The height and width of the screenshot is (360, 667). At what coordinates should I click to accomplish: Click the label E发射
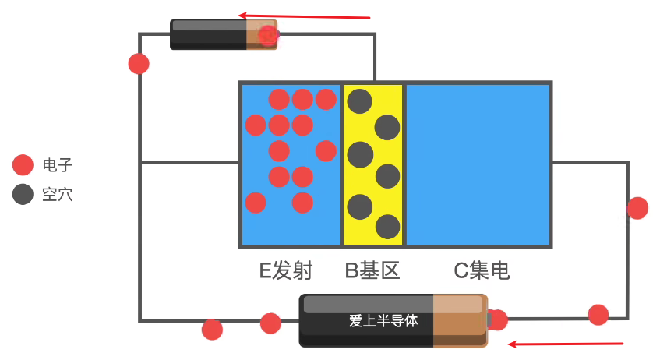(286, 271)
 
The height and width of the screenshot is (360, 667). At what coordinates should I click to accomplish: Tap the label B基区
(372, 271)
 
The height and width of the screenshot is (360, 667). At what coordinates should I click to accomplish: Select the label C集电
(482, 271)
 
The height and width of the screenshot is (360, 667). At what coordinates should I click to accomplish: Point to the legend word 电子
(58, 165)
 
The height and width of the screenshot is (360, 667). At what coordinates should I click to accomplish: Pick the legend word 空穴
(58, 195)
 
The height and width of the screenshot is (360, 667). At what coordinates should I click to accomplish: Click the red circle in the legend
(23, 165)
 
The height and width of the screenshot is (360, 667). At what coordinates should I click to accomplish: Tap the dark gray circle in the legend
(23, 195)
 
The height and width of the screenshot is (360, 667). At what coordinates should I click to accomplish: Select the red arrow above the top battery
(304, 16)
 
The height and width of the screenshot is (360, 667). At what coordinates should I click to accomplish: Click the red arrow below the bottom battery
(566, 343)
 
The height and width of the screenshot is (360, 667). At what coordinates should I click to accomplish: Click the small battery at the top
(224, 35)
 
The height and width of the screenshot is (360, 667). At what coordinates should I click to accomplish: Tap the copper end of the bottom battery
(460, 320)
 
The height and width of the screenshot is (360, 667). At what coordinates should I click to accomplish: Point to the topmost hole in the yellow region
(359, 101)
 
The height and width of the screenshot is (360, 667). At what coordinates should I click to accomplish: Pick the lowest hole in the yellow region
(387, 227)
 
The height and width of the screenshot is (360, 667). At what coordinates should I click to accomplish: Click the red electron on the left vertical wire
(139, 64)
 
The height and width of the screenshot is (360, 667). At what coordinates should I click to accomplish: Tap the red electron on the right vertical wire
(637, 208)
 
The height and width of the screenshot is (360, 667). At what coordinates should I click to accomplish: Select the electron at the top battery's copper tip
(268, 35)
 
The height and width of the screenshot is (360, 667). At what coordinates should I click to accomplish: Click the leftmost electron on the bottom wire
(212, 330)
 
